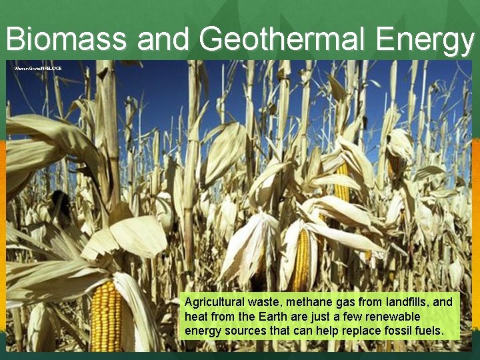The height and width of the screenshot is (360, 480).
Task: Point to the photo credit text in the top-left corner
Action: click(38, 68)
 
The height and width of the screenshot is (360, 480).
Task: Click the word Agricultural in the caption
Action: click(213, 302)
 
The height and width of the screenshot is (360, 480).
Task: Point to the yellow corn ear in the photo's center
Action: click(301, 259)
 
